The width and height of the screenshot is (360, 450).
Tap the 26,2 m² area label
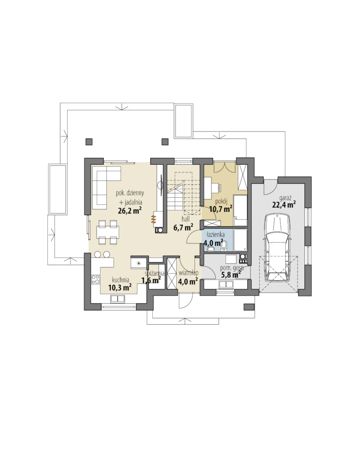pyautogui.click(x=130, y=211)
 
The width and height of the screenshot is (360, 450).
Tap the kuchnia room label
pyautogui.click(x=121, y=280)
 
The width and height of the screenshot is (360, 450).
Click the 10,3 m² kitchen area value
pyautogui.click(x=120, y=287)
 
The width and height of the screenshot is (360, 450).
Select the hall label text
pyautogui.click(x=186, y=219)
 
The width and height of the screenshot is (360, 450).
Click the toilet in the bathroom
pyautogui.click(x=225, y=245)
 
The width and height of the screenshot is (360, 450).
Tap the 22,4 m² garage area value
pyautogui.click(x=284, y=205)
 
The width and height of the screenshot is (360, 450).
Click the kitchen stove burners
pyautogui.click(x=95, y=279)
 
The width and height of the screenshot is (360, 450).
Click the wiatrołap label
pyautogui.click(x=188, y=273)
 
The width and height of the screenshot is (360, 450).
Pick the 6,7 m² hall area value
pyautogui.click(x=183, y=227)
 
